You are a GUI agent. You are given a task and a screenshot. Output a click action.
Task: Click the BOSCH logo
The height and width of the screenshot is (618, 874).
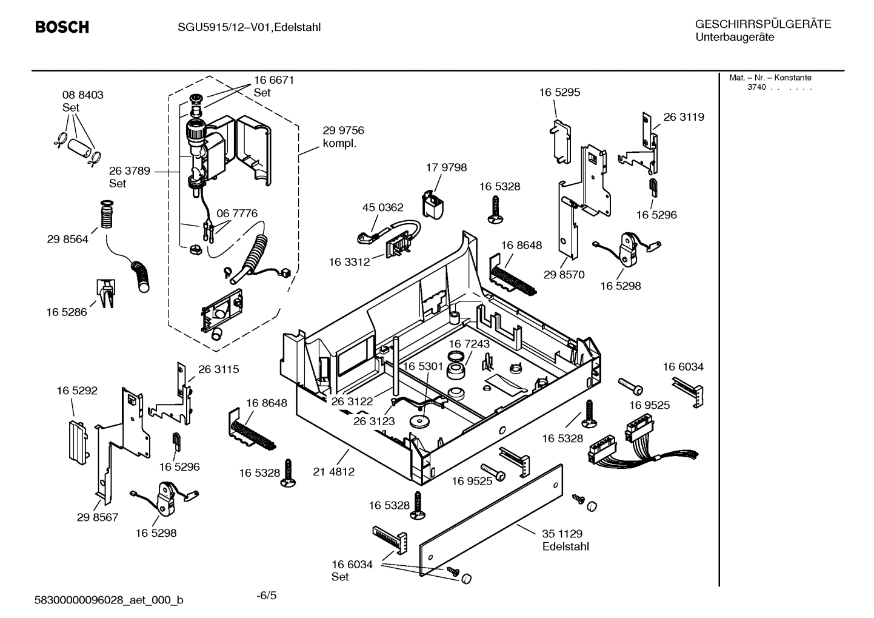click(x=62, y=27)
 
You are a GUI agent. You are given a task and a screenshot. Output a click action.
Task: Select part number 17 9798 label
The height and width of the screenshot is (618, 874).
click(x=446, y=167)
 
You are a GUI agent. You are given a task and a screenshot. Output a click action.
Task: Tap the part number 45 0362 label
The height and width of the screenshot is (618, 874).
click(x=382, y=207)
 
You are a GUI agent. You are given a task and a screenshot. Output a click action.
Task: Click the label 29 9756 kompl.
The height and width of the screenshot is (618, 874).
click(x=343, y=136)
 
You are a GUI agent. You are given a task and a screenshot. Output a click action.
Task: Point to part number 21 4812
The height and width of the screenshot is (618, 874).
click(x=333, y=471)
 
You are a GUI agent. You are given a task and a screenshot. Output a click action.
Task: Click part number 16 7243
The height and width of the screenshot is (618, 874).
click(x=469, y=344)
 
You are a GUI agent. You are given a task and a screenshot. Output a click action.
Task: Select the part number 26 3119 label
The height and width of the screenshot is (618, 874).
click(x=683, y=117)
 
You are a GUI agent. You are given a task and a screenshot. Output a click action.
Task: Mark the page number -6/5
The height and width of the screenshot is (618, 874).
click(x=267, y=595)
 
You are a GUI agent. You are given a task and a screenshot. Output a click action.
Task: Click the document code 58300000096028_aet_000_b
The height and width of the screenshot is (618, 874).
click(x=109, y=600)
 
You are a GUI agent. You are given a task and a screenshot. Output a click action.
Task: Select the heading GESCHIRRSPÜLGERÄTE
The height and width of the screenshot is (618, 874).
click(x=762, y=24)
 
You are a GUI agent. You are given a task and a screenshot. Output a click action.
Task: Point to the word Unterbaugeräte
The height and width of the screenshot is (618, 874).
click(x=734, y=38)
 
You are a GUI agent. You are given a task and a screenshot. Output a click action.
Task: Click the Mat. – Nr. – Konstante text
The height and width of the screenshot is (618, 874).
click(x=770, y=78)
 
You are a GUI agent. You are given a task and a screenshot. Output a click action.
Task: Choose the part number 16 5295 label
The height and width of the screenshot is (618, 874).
click(x=559, y=92)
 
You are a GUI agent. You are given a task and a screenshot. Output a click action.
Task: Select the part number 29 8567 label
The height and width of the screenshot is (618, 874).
click(x=98, y=517)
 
